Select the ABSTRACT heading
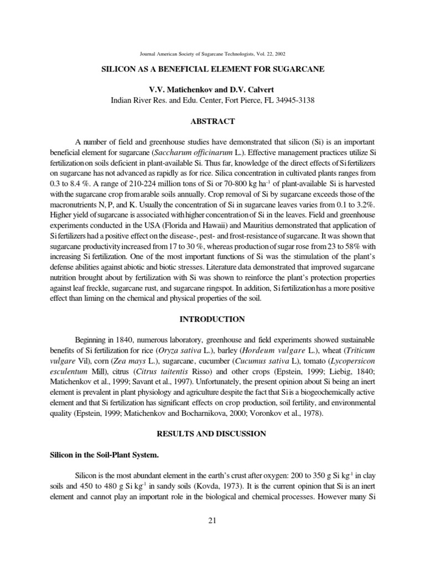pos(212,121)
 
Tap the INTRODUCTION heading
pos(212,319)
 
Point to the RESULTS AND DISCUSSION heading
pos(212,434)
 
